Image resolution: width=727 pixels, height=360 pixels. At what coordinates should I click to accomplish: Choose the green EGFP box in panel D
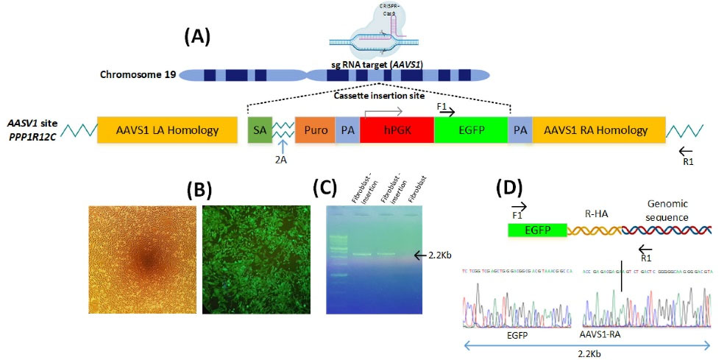pyautogui.click(x=537, y=230)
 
